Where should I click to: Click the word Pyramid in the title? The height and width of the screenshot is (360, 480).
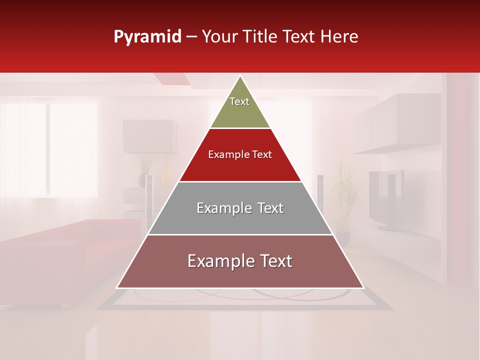point(147,37)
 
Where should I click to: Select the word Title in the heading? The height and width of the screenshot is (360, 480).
point(259,36)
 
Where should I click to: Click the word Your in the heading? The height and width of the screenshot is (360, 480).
point(218,36)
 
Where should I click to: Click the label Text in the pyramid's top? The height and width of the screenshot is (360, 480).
point(239,101)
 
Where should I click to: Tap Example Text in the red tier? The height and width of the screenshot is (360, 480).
point(240,154)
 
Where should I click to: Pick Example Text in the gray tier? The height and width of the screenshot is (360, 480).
point(240,208)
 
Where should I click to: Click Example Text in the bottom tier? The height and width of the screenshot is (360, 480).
point(240,261)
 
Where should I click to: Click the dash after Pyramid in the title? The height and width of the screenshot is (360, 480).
point(191,37)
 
